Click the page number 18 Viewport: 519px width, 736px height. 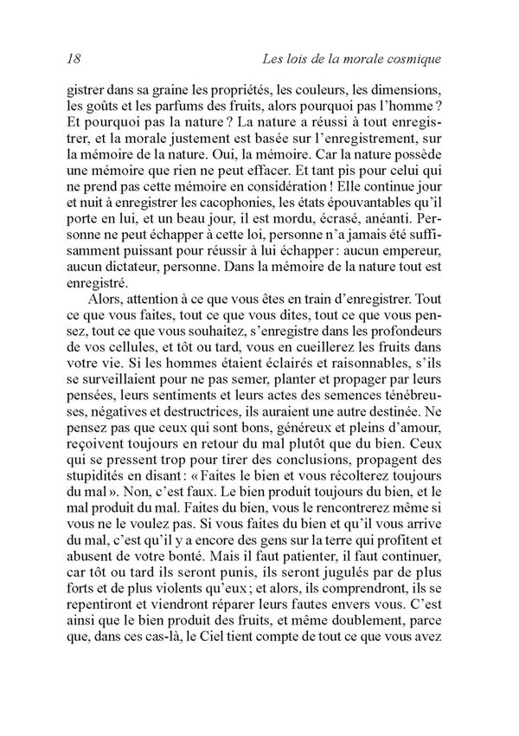[73, 59]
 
